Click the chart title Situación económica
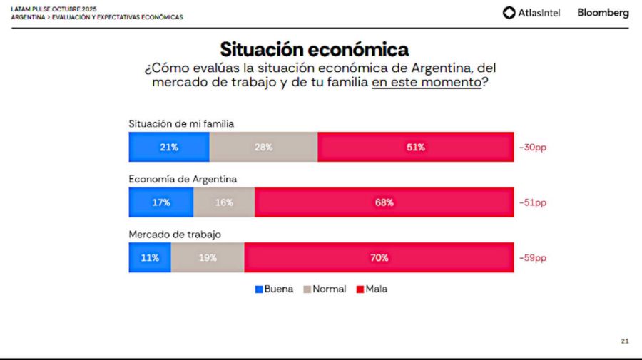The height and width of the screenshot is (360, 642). point(314,49)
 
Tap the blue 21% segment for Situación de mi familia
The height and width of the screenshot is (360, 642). point(169,147)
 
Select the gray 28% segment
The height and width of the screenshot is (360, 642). point(263,147)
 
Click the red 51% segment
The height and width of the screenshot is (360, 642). point(415,147)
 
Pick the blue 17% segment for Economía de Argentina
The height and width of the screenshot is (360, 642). point(160,202)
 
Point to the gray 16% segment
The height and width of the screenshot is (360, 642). point(223,202)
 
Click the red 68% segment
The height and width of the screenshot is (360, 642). point(384,202)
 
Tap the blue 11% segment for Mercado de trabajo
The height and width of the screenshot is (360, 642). point(150,257)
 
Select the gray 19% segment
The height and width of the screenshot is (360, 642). point(208,257)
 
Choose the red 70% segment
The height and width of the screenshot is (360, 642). point(379,257)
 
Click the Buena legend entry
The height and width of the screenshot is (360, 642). point(274,289)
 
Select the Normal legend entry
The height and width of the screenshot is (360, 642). point(325,289)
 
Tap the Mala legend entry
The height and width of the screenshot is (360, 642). point(372,289)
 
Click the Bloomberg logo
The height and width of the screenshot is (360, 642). point(603,12)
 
